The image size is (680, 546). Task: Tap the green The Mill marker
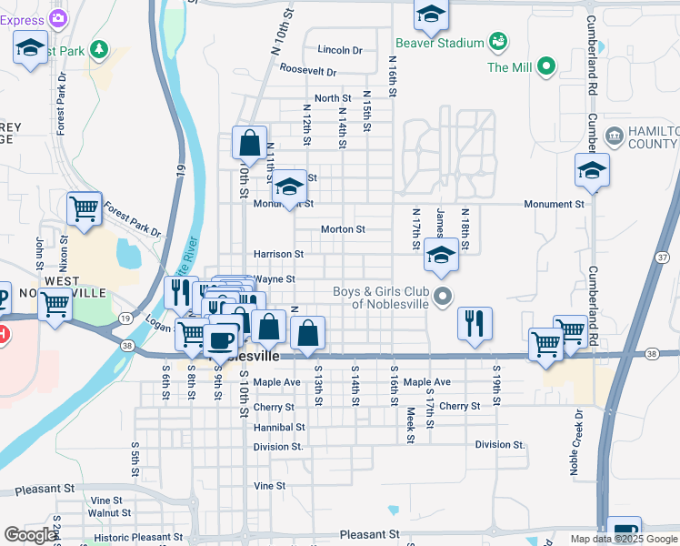coord(546,66)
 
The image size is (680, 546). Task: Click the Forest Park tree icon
coord(97,49)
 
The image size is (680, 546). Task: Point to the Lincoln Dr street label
coord(340,50)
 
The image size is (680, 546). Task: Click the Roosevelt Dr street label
coord(308,70)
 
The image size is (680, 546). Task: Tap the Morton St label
coord(343,229)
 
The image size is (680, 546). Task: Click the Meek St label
coord(411,425)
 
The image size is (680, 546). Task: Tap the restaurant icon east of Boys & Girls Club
coord(475,323)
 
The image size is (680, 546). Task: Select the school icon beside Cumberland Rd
coord(592,169)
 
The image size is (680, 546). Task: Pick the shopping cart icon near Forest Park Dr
coord(85,208)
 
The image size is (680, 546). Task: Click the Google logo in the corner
coord(30,535)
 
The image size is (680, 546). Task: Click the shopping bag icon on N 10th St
coord(249,143)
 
